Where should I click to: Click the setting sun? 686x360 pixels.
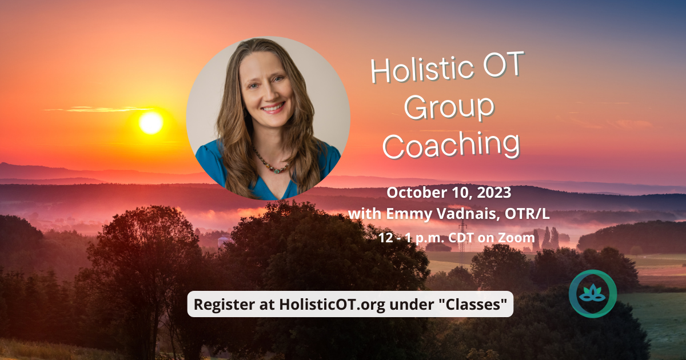(x=151, y=123)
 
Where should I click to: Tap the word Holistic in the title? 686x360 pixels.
(x=422, y=69)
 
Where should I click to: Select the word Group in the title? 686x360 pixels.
(x=449, y=109)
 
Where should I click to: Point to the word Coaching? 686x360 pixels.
(x=451, y=145)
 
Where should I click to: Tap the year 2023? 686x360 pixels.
(x=494, y=193)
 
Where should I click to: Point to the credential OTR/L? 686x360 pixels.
(x=527, y=214)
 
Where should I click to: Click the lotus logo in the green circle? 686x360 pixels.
(x=593, y=294)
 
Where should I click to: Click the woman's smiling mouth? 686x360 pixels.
(x=273, y=108)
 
